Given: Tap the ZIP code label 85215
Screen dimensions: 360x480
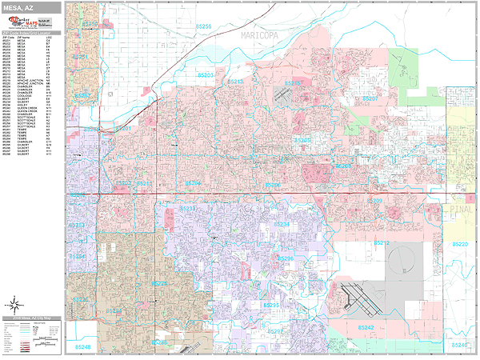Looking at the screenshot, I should (x=294, y=83).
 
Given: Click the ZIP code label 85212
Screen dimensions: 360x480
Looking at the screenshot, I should (x=380, y=242).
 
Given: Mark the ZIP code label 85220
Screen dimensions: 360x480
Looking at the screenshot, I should (x=461, y=243).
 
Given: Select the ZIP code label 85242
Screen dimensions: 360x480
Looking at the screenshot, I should (x=366, y=328).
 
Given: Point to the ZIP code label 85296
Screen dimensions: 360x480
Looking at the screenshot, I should (x=286, y=259).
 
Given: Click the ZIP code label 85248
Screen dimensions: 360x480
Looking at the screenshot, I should (x=83, y=346).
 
